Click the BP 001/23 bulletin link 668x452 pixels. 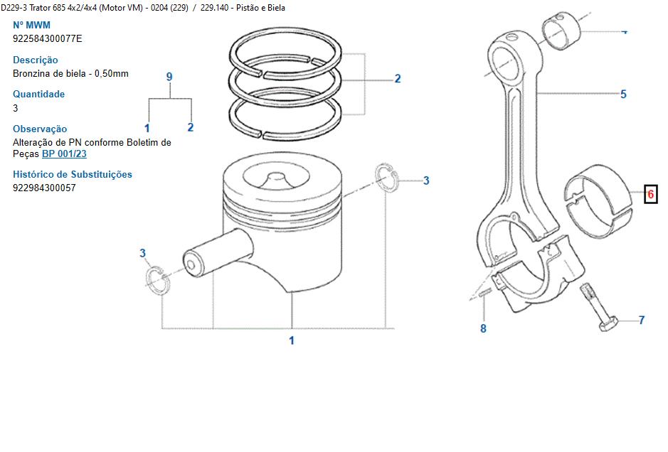coord(64,154)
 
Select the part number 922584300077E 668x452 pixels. coord(47,39)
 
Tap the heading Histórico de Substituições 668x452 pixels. coord(73,174)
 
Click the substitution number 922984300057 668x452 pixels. coord(44,188)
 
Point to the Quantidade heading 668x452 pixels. coord(38,94)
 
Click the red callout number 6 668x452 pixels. coord(650,193)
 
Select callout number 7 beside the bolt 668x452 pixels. coord(641,321)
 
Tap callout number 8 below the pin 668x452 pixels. coord(483,328)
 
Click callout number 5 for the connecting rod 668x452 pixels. coord(623,94)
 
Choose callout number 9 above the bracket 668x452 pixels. coord(169,77)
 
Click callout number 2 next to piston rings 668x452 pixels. coord(398,79)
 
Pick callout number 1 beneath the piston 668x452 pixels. coord(291,340)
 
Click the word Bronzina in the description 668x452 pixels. coord(32,74)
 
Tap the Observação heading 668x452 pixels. coord(40,129)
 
